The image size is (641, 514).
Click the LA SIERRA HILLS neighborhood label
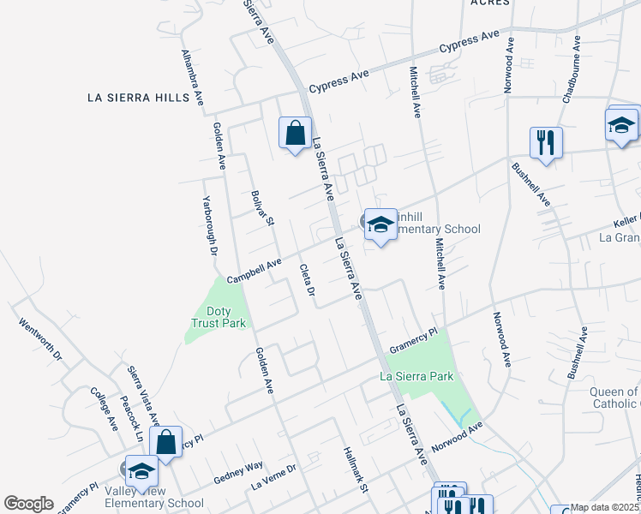(x=138, y=98)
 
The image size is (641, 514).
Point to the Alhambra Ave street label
(x=193, y=77)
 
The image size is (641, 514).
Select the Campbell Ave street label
(x=254, y=272)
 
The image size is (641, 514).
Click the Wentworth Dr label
(x=41, y=338)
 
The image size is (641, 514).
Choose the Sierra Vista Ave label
(x=143, y=395)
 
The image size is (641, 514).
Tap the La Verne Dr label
(x=273, y=477)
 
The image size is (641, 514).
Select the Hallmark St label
(x=354, y=471)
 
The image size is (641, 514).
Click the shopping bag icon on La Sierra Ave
(x=295, y=134)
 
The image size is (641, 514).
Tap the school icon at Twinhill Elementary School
(x=380, y=225)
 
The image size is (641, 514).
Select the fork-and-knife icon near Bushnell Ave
(x=546, y=143)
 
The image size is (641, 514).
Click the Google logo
(x=29, y=504)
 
